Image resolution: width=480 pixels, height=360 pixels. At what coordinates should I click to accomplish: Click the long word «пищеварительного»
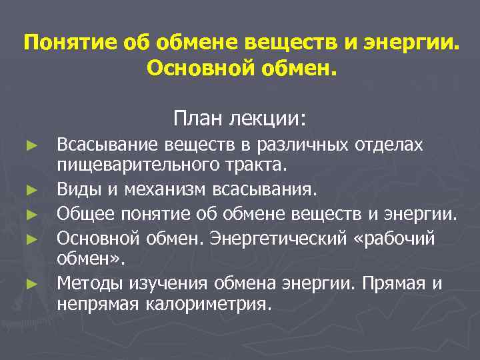tap(135, 163)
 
